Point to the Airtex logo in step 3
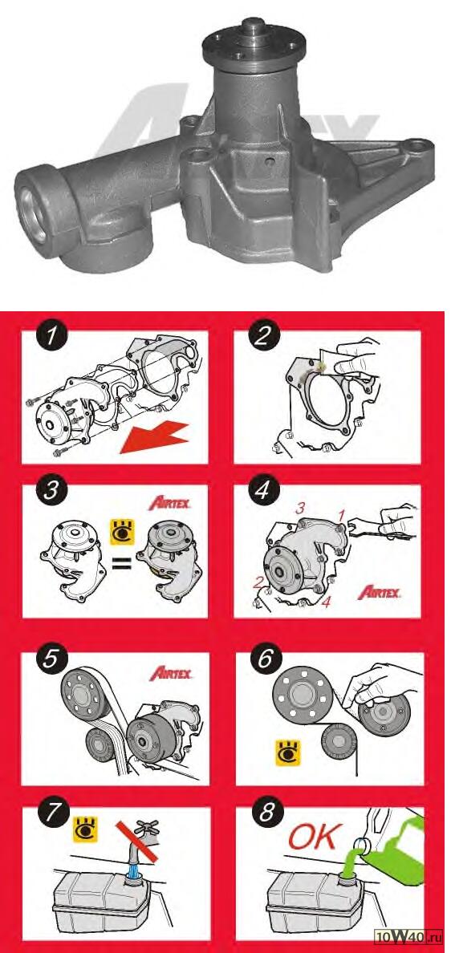169,503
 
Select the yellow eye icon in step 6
284,751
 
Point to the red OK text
311,837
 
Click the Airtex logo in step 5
171,673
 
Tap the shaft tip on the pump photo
251,24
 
